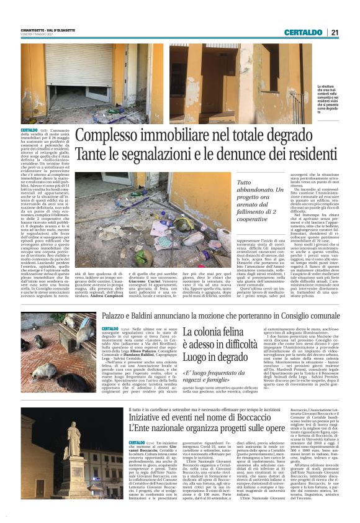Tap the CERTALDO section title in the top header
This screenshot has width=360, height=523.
click(x=304, y=32)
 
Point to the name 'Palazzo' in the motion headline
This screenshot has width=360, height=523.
click(x=120, y=316)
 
